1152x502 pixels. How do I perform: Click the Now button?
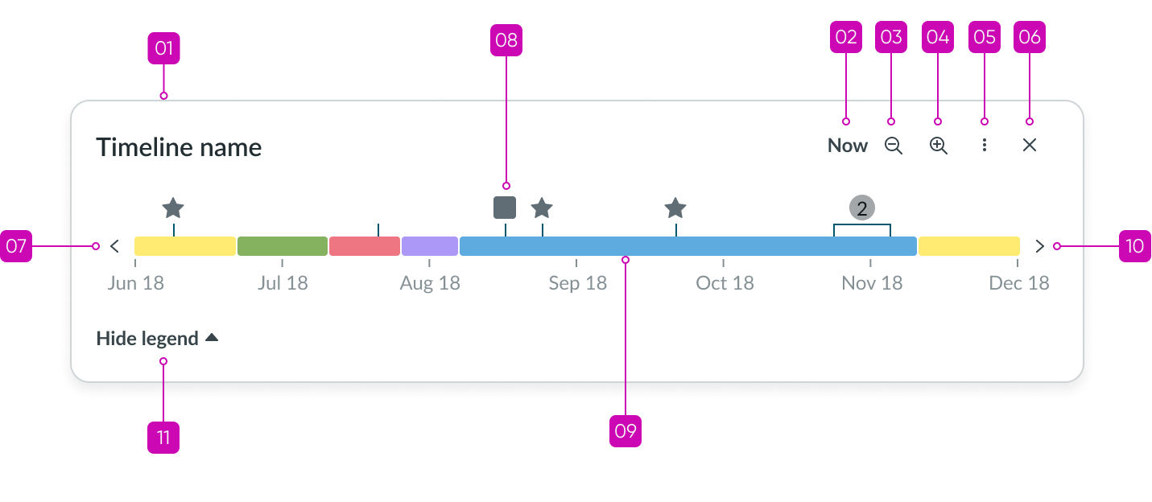tap(848, 146)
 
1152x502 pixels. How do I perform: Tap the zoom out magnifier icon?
tap(893, 146)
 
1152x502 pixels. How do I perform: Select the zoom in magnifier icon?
tap(938, 146)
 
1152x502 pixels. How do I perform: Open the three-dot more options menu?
tap(984, 146)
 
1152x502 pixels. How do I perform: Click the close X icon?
tap(1029, 146)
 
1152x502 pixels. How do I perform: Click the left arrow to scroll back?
tap(114, 246)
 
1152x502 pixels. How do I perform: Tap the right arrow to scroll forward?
tap(1039, 246)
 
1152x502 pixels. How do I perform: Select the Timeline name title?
tap(179, 148)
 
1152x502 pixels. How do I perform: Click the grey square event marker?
tap(505, 207)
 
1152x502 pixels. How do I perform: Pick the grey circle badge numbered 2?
tap(861, 208)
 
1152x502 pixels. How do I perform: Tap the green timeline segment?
tap(282, 246)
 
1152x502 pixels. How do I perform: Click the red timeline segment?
tap(364, 246)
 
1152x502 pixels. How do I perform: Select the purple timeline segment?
tap(429, 246)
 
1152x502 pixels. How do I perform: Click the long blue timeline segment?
tap(687, 246)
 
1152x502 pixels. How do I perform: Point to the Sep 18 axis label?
tap(577, 283)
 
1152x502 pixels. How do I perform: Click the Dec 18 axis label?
tap(1018, 283)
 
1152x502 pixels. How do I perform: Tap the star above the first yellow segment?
tap(173, 208)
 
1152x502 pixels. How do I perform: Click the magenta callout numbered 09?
tap(626, 431)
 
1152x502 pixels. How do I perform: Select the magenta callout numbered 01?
tap(163, 49)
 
